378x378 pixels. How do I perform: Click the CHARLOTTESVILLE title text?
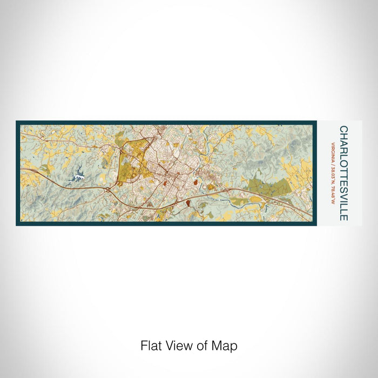344,173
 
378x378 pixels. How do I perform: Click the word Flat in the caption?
152,345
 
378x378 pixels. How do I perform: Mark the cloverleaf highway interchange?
109,190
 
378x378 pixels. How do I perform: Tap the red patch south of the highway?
187,203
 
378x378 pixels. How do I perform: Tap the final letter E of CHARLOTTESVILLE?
344,217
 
